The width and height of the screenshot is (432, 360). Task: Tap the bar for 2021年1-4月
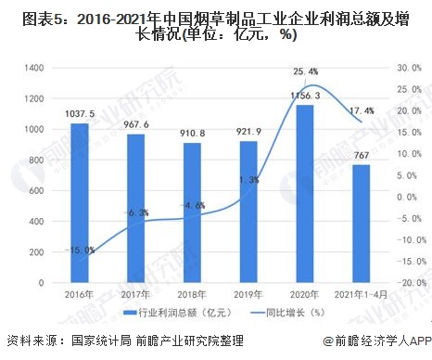pos(361,224)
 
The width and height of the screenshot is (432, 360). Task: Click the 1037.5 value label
pos(80,114)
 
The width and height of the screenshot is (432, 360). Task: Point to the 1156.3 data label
pos(305,96)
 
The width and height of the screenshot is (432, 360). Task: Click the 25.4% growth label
pos(306,71)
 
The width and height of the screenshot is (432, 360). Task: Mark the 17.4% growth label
pos(362,111)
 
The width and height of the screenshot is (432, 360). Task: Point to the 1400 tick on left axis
pos(36,68)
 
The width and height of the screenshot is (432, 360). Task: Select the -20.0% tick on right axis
pos(408,282)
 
